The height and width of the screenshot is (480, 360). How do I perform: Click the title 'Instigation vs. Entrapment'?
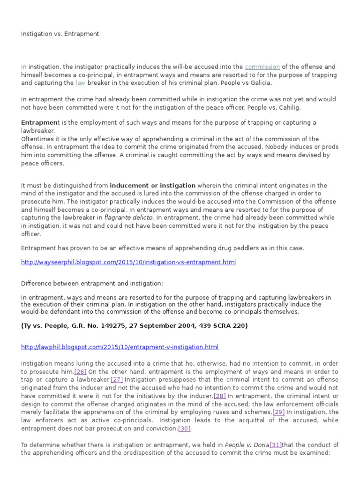(60, 34)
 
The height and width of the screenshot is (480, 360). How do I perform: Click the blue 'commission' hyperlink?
(262, 67)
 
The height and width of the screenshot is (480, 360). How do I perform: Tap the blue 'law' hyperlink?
(80, 83)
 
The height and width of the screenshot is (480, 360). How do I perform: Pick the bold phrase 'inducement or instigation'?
(152, 186)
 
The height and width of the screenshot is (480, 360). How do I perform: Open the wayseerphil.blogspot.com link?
(128, 262)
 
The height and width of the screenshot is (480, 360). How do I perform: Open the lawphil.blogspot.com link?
(120, 347)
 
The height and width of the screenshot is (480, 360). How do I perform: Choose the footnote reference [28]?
(219, 396)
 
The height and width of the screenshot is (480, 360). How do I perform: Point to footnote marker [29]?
(278, 412)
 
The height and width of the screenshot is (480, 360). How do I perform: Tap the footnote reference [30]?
(184, 428)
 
